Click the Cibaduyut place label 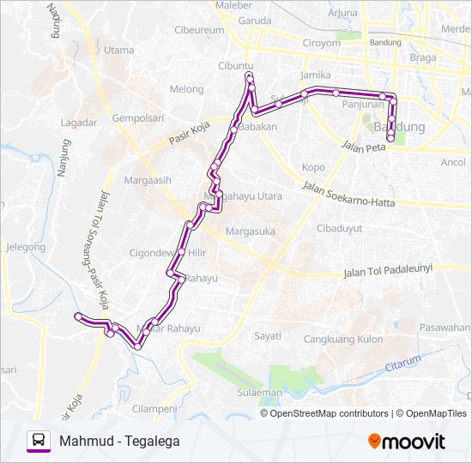[x=340, y=229]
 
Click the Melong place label [x=186, y=89]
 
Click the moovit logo [x=407, y=442]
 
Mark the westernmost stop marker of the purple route [x=78, y=317]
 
